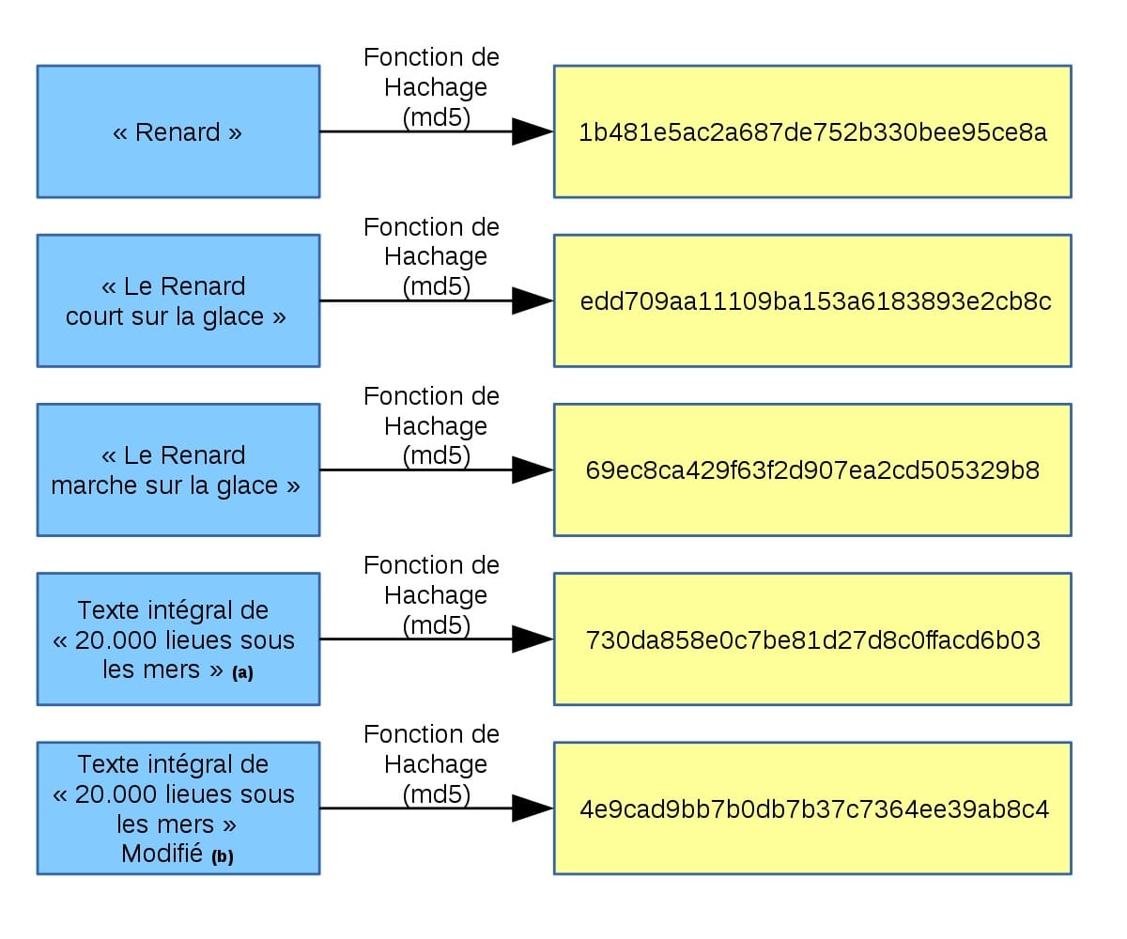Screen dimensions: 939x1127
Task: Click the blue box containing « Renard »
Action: (178, 131)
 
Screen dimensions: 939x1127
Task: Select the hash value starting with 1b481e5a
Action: (812, 132)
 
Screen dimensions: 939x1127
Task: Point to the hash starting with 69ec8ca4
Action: (812, 470)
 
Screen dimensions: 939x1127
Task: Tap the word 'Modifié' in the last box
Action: (162, 854)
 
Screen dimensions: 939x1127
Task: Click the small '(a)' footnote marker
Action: (242, 673)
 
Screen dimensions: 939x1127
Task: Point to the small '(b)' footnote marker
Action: (223, 857)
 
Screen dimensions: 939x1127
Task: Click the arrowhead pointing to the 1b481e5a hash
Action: (532, 131)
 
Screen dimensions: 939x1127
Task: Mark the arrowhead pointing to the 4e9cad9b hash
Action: (532, 808)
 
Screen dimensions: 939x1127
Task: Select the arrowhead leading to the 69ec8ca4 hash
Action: (532, 469)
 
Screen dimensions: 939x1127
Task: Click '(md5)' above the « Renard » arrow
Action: (436, 117)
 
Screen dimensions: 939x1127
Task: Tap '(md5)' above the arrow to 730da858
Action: (436, 624)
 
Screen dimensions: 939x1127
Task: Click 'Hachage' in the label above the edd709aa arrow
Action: (436, 256)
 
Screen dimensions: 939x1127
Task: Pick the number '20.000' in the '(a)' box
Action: (112, 640)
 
